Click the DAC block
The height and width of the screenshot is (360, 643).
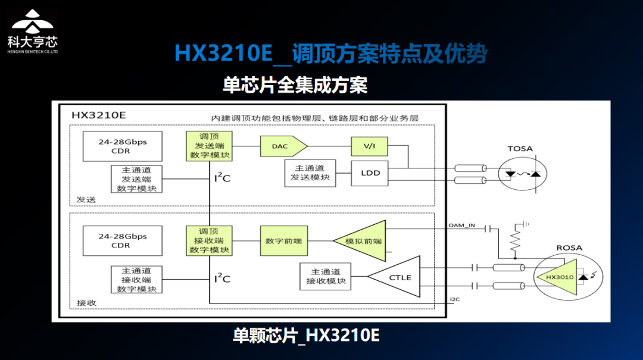point(283,146)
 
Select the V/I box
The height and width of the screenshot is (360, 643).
point(370,146)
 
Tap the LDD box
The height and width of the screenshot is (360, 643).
point(370,173)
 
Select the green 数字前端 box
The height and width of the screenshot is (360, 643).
point(284,240)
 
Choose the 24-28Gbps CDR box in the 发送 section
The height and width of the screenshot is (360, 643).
point(122,146)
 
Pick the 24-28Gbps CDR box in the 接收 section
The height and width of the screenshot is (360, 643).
point(122,240)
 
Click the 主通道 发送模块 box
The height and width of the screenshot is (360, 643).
point(310,173)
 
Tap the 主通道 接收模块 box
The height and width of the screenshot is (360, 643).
point(326,276)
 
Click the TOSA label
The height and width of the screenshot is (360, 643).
point(520,149)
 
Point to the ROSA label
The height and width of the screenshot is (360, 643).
point(569,248)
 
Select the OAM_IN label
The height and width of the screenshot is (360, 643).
point(461,226)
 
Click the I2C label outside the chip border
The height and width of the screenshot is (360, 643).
point(455,299)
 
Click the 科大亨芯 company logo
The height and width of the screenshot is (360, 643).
point(33,31)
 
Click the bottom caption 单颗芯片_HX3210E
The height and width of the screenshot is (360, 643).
point(306,336)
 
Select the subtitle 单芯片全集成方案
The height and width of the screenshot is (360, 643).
point(295,85)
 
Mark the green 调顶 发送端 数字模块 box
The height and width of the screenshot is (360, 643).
point(209,146)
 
